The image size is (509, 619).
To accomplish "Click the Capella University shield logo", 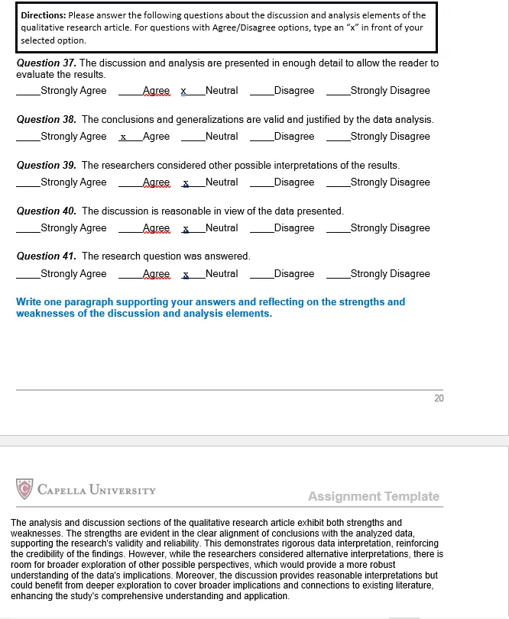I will click(x=25, y=488).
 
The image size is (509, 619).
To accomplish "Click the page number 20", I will click(x=439, y=398).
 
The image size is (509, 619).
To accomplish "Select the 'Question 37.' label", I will click(x=46, y=63).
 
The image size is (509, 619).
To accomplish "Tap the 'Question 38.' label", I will click(x=46, y=120).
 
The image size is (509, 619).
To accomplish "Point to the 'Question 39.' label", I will click(x=46, y=166).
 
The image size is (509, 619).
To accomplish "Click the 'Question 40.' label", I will click(x=46, y=211).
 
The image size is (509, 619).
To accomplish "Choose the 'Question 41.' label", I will click(x=46, y=256).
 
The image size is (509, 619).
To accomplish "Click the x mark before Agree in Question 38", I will click(x=123, y=137).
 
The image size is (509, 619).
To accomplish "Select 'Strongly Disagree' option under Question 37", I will click(x=390, y=91).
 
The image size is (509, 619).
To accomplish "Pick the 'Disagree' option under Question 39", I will click(x=293, y=182).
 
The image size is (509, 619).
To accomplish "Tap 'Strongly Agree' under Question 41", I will click(x=73, y=274).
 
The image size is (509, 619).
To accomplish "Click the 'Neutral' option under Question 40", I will click(x=222, y=228).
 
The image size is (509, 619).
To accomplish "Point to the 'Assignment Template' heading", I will click(x=374, y=497).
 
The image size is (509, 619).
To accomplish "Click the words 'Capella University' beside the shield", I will click(x=96, y=489).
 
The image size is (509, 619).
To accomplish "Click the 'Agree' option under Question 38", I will click(x=156, y=137).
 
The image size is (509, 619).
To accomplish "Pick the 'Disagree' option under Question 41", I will click(x=293, y=274).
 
